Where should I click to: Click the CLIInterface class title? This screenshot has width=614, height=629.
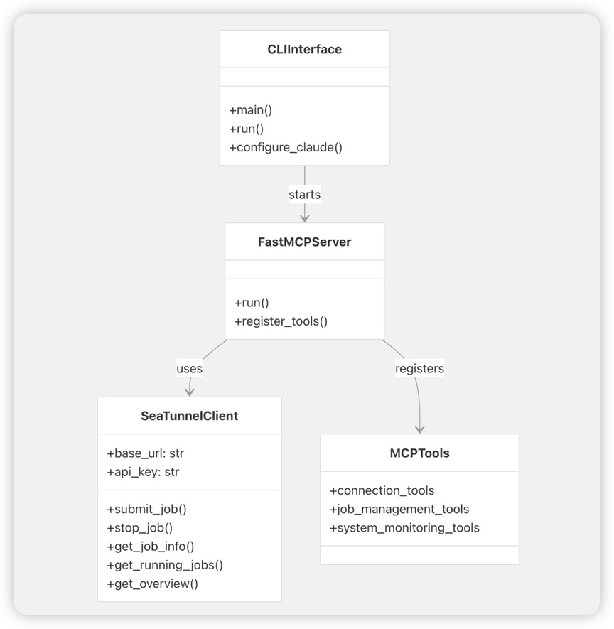point(304,49)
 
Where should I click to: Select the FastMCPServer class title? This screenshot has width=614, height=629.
point(304,242)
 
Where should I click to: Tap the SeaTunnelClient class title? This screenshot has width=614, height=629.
point(189,416)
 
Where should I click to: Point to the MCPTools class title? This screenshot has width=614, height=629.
point(419,453)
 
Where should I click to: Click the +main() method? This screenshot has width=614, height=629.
point(251,110)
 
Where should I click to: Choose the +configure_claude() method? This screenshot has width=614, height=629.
point(286,147)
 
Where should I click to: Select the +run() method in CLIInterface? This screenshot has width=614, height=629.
point(247,129)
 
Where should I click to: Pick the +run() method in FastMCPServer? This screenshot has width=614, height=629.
point(252,303)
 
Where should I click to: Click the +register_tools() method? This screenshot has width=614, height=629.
point(281,321)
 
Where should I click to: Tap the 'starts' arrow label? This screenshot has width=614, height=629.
point(304,195)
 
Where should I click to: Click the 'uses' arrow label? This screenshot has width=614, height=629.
point(189,368)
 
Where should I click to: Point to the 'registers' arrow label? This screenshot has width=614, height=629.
point(419,368)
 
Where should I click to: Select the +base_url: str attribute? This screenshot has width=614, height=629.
point(145,453)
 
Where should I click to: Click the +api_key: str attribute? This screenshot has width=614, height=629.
point(143,472)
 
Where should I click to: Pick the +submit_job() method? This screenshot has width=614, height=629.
point(146,509)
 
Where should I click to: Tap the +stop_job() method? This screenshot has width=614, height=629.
point(139,527)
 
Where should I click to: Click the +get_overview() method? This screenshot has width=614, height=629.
point(152,584)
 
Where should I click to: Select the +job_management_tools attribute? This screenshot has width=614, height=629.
point(399,509)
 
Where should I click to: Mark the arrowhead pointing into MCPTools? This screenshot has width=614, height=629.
point(419,430)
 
